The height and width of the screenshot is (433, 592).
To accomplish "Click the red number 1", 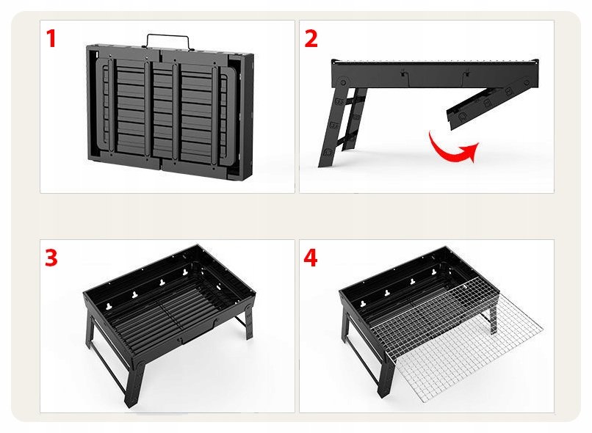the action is tap(51, 38).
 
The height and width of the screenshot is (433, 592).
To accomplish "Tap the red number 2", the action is tap(311, 38).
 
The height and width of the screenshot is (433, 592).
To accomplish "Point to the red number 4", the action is tap(311, 258).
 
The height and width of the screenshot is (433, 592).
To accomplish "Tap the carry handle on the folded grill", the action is tap(167, 41).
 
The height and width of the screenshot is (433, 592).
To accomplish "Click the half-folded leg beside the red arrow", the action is tap(491, 102).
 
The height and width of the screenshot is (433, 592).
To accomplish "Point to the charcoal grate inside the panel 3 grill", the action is tap(166, 317).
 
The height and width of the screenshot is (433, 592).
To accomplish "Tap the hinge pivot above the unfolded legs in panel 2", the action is tap(342, 83).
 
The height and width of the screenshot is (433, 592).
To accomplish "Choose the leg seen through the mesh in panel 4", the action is tap(492, 318).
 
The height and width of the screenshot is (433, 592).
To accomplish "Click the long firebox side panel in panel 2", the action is tap(435, 73).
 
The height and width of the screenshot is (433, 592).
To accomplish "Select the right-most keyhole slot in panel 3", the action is tap(185, 272).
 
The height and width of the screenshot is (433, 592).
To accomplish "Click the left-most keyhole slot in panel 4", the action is tap(363, 303).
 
